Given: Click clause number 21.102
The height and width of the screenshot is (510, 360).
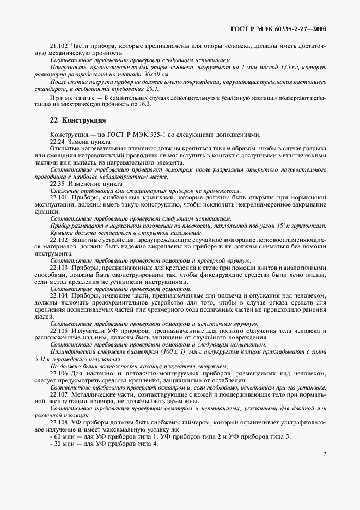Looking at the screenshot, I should [x=59, y=46].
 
